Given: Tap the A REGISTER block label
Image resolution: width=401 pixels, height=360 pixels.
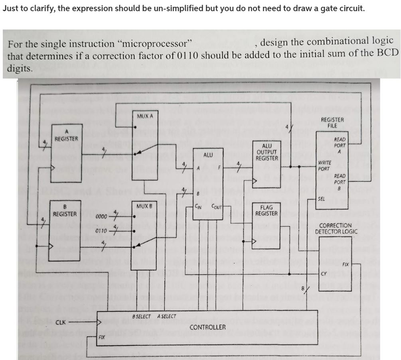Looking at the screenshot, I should (66, 136).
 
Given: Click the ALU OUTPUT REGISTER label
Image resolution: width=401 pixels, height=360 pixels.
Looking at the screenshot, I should (267, 152).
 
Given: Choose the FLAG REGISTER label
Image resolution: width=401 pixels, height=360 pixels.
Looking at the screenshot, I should (266, 210).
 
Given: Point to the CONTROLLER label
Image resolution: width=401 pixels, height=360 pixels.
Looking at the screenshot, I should (207, 327).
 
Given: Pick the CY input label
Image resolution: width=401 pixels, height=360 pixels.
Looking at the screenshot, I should (324, 274).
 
